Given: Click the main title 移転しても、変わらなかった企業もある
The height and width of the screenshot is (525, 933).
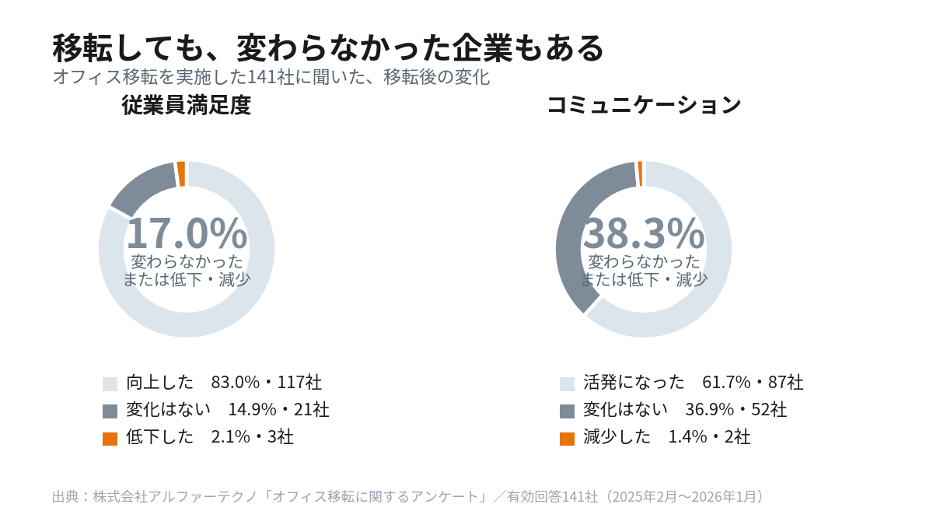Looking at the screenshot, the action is [328, 48].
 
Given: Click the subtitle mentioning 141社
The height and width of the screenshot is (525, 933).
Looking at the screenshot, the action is [271, 77].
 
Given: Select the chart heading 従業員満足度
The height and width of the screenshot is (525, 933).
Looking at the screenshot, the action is [186, 105].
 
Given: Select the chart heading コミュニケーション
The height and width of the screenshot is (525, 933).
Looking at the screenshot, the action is [644, 105].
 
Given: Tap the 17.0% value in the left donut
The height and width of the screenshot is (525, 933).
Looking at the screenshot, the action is [187, 233].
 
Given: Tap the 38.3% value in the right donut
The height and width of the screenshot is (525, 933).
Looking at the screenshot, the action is [644, 233].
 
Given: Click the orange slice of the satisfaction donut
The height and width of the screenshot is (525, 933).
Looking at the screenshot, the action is [181, 173].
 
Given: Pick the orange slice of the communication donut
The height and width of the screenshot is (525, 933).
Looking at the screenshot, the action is [640, 173].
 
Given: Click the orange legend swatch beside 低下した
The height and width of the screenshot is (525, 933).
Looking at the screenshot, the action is [110, 439].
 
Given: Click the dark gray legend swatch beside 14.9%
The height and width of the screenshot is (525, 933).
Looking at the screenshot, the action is [110, 411].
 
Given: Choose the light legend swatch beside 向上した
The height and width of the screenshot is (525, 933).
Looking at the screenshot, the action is [110, 383].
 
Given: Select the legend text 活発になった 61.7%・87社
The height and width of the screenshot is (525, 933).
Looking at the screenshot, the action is [693, 382].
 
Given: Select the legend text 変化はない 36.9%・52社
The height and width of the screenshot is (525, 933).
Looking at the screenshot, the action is [685, 410].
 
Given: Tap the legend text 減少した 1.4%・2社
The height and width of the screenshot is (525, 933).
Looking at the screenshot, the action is [666, 437].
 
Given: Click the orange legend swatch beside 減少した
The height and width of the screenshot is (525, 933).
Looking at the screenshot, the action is [567, 439].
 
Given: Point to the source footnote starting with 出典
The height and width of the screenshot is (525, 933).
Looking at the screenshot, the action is [409, 496].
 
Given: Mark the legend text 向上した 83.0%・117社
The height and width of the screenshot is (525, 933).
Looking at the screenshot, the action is [224, 382].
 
